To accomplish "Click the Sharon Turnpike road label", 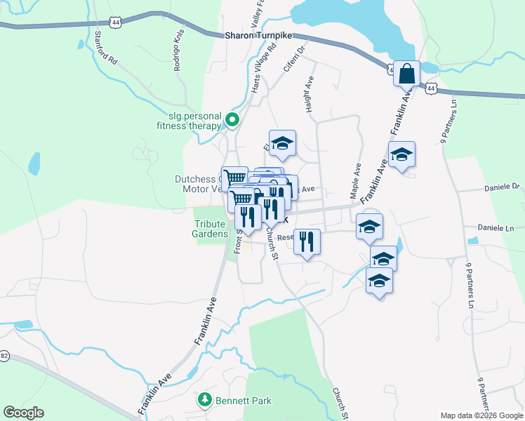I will coord(258,35).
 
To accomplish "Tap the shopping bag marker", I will coord(407,73).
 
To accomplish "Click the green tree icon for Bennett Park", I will coord(204,399).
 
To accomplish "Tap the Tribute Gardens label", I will coord(211,229).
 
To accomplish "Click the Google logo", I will coord(23,413).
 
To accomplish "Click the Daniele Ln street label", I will coord(496,228).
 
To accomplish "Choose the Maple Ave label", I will coord(356,180).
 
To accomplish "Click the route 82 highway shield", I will coord(4,356).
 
